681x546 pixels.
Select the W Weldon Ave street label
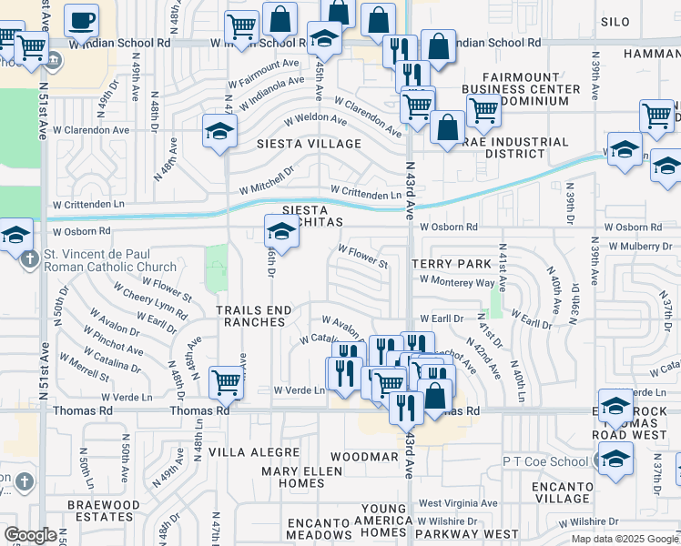point(316,118)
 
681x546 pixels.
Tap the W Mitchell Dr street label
point(267,180)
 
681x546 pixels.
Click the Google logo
point(29,536)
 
